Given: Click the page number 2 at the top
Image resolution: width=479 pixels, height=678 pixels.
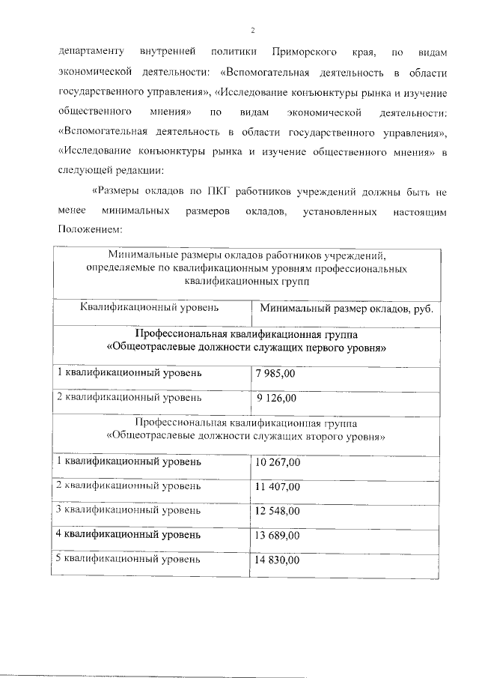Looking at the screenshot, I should pos(253,30).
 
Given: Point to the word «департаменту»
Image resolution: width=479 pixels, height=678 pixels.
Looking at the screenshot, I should pos(91,52).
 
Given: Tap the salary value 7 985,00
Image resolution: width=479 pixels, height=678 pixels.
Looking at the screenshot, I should pos(275,372).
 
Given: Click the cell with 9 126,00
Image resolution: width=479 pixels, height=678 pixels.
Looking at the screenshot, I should pos(277,398).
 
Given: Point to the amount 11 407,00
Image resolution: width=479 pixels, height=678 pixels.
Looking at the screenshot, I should pos(278,486).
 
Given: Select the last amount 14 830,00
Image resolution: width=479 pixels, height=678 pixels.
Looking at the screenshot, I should pos(278,560).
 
